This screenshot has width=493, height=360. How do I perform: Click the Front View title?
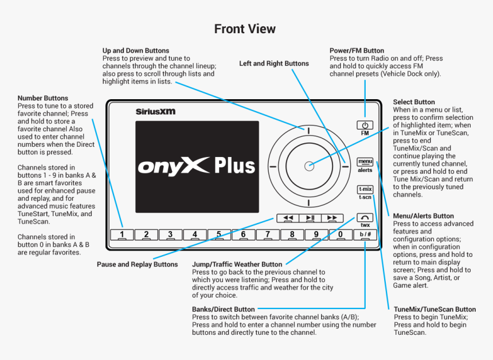tap(245, 29)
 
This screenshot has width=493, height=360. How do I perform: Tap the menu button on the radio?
tap(365, 162)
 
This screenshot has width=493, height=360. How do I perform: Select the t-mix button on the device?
tap(365, 189)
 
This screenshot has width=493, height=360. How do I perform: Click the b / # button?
tap(365, 234)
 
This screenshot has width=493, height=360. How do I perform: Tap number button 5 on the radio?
tap(219, 234)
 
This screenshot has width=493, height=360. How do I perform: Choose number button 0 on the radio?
tap(341, 234)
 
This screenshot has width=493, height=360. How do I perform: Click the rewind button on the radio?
tap(288, 218)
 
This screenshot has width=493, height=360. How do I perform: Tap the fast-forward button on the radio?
tap(331, 218)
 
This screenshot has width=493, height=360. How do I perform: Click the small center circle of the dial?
tap(309, 166)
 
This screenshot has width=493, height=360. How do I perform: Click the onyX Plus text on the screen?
tap(196, 166)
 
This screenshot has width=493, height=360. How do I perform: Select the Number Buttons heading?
tap(43, 98)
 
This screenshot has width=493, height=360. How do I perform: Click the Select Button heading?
tap(414, 102)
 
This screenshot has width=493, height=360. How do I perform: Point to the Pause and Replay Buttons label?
tap(137, 264)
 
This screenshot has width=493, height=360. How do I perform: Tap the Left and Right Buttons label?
tap(274, 64)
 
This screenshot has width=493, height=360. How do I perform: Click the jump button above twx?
tap(365, 217)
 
